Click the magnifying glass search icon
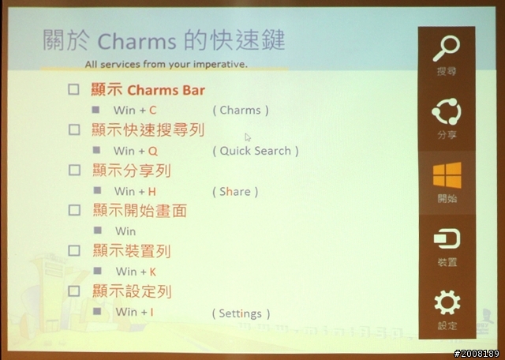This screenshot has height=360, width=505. (447, 48)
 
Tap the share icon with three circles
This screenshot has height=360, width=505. (447, 111)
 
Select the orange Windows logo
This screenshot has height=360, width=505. (447, 175)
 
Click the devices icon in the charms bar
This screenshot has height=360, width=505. (447, 238)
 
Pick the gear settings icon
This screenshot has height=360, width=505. (447, 302)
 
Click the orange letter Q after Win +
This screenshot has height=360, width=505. (153, 151)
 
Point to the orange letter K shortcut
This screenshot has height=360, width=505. (152, 272)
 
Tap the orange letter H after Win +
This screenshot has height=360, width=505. (151, 192)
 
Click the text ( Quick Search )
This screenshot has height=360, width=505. (256, 151)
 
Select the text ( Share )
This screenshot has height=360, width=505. (235, 192)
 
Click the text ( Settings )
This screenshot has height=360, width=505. (241, 313)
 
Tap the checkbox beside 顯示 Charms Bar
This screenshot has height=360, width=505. (73, 89)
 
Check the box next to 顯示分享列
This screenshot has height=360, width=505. (74, 170)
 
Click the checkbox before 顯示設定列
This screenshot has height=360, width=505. (74, 291)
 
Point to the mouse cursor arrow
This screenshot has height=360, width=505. (247, 137)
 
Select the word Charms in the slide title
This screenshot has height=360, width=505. (137, 42)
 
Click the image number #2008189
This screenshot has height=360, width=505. (477, 354)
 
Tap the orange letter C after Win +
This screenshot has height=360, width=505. (152, 111)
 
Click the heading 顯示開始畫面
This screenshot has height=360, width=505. (140, 211)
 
